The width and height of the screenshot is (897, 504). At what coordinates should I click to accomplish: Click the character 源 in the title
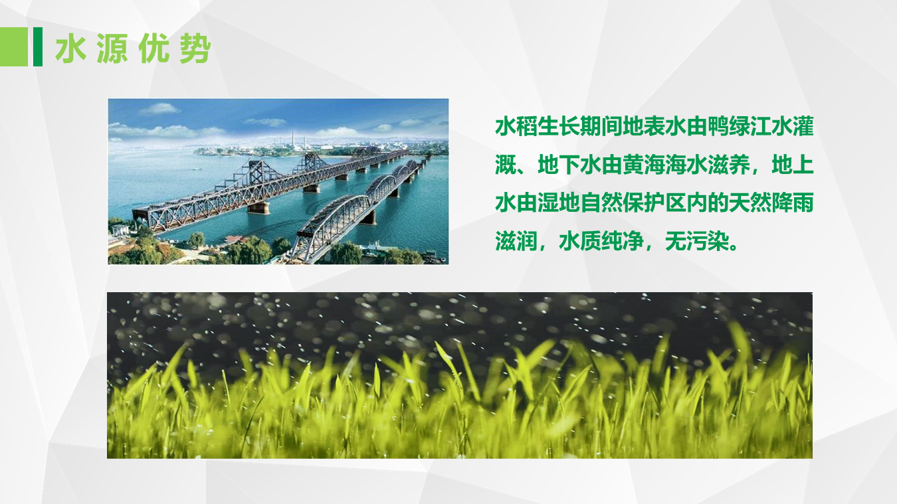coord(112,49)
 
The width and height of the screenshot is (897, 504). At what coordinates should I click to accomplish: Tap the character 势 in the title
coord(195,49)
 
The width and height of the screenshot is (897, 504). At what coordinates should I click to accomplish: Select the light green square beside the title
coord(14,47)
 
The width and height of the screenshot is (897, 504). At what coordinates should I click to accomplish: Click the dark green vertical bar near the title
coord(38,47)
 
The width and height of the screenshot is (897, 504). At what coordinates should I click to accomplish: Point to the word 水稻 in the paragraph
coord(516,127)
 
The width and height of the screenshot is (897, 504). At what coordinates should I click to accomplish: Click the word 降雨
coord(792,203)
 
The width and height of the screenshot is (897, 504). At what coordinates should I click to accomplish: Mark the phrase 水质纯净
coord(601,241)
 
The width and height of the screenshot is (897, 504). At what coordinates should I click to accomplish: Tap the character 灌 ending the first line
coord(803,127)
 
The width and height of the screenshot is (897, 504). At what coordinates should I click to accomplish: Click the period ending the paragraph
coord(734,248)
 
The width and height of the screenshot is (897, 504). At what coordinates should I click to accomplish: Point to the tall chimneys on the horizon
coord(298,139)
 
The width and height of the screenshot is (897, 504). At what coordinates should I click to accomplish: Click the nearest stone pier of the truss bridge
coord(258,208)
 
